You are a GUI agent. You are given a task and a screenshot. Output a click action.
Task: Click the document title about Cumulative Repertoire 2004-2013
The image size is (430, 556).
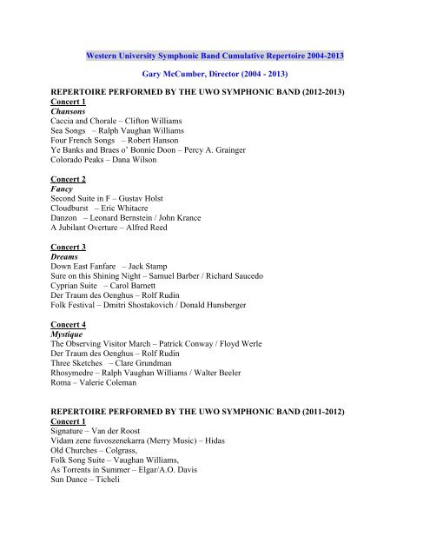point(215,56)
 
